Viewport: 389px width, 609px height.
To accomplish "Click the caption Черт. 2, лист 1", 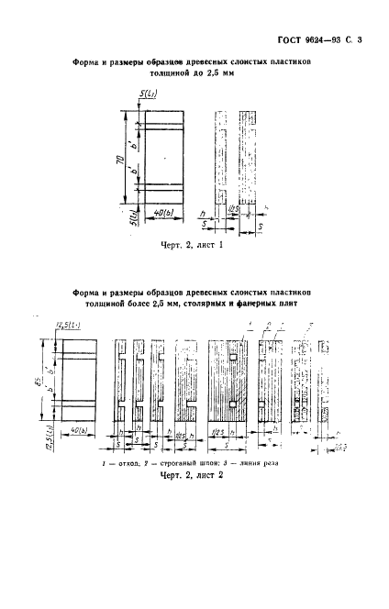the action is (x=194, y=246).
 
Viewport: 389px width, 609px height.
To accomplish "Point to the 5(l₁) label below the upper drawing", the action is (x=133, y=218).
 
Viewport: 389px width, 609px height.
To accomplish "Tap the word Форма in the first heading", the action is (x=88, y=64).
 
